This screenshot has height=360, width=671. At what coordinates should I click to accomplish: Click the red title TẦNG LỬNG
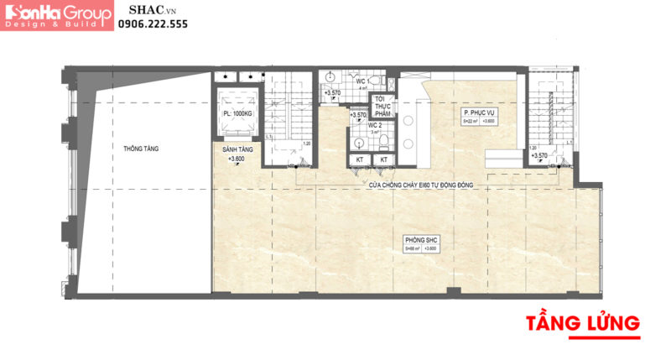(583, 323)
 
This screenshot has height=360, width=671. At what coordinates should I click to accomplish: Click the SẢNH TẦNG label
(237, 149)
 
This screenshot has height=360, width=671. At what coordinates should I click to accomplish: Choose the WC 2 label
(378, 125)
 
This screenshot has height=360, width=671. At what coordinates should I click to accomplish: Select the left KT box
(360, 159)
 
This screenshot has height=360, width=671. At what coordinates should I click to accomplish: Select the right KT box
(384, 159)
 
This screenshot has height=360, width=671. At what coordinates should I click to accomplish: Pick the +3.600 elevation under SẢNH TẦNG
(237, 159)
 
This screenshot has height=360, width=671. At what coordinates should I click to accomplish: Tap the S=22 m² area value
(471, 122)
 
